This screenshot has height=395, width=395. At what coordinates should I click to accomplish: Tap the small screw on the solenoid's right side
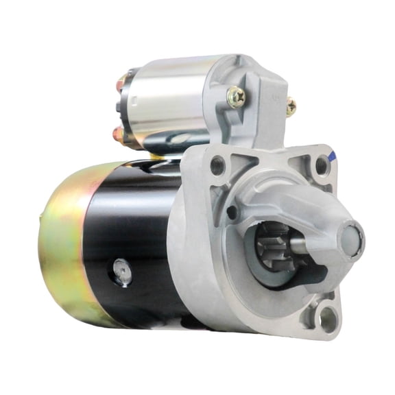coord(291,106)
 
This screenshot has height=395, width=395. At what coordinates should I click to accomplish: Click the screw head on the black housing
coord(122,272)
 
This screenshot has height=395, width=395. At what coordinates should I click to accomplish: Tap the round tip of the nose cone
coord(351,241)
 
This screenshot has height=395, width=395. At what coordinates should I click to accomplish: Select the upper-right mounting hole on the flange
coord(321,165)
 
